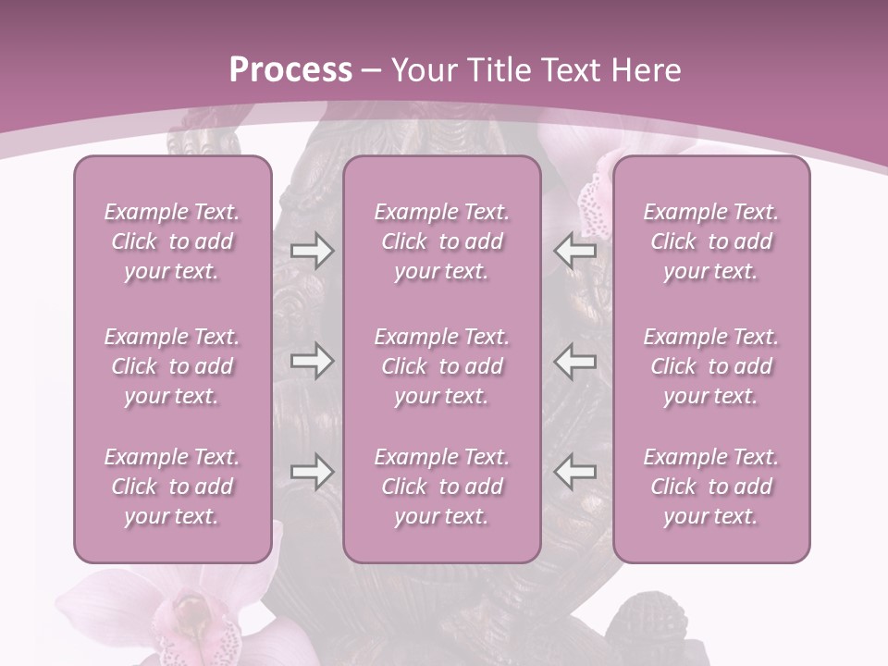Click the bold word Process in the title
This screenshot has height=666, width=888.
tap(290, 70)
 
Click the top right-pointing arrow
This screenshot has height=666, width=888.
tap(312, 250)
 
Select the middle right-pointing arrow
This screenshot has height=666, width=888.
tap(312, 361)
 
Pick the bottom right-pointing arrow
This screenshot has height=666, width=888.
tap(312, 472)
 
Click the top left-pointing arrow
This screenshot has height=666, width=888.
tap(574, 250)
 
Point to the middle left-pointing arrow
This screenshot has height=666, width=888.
tap(574, 361)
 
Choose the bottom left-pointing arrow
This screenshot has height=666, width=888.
tap(574, 472)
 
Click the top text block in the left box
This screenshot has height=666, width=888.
tap(172, 241)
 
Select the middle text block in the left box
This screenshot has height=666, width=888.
tap(172, 366)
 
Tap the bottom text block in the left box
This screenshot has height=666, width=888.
tap(172, 487)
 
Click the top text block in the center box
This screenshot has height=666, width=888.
tap(442, 241)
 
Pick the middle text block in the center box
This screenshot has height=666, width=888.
tap(442, 366)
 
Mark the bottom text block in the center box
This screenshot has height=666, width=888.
tap(442, 487)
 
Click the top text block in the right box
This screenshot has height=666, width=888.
tap(711, 241)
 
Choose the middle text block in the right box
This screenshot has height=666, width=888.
tap(711, 366)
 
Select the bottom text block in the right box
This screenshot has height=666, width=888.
tap(711, 487)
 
